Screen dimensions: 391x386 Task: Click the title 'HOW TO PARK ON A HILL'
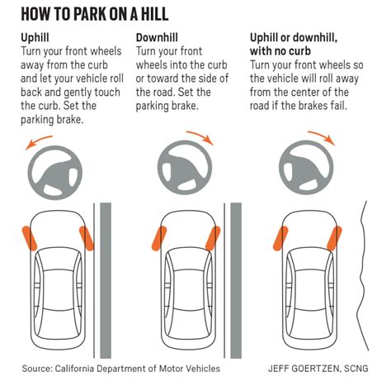(95, 14)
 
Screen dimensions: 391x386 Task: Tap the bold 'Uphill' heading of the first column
(35, 38)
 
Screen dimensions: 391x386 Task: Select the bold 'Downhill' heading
(157, 38)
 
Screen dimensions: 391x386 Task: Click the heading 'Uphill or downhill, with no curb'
(294, 45)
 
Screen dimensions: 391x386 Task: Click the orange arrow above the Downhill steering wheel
(201, 136)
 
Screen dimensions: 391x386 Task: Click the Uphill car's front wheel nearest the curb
(87, 238)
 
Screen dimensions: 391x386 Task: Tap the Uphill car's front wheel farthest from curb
(30, 238)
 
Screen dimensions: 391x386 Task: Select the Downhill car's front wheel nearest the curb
(213, 238)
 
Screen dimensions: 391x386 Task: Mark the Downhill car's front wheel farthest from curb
(159, 238)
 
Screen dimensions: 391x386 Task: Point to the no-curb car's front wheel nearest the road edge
(334, 238)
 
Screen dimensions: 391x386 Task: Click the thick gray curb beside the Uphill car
(106, 280)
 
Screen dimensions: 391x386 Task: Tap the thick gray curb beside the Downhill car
(236, 280)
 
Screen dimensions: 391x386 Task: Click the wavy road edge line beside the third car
(361, 275)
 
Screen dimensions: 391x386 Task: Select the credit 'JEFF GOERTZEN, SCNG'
(318, 369)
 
